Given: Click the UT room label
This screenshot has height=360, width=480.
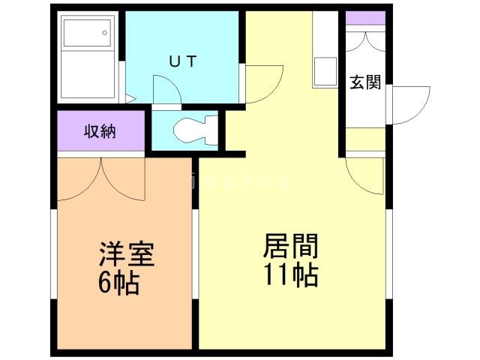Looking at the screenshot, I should (182, 62).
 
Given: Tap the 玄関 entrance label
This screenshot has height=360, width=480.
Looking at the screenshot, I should (365, 82).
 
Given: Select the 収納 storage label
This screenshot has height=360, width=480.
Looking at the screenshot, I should (100, 131).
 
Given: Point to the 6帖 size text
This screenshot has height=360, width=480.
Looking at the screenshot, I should (118, 284).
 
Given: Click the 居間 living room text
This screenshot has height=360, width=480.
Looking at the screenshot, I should (291, 247).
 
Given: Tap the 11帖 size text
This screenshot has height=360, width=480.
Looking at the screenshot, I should (291, 275).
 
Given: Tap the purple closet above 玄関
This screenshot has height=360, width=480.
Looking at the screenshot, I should (365, 18).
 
